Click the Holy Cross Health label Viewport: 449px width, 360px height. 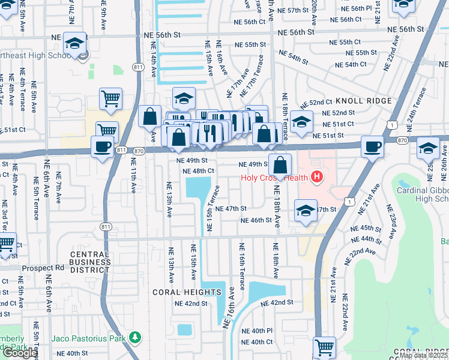pyautogui.click(x=273, y=178)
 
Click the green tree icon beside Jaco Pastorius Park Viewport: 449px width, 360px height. pyautogui.click(x=136, y=338)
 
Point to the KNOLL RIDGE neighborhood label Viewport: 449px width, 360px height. pyautogui.click(x=363, y=101)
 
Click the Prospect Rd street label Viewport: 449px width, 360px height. pyautogui.click(x=43, y=268)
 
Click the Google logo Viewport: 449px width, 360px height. pyautogui.click(x=19, y=353)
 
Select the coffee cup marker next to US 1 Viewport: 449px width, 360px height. pyautogui.click(x=372, y=146)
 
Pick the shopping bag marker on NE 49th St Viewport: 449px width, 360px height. pyautogui.click(x=280, y=165)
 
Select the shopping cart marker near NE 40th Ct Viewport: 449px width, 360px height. pyautogui.click(x=324, y=347)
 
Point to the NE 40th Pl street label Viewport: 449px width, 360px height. pyautogui.click(x=257, y=331)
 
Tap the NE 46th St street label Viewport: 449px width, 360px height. pyautogui.click(x=256, y=220)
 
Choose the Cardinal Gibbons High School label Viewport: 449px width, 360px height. pyautogui.click(x=423, y=194)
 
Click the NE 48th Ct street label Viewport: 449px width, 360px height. pyautogui.click(x=198, y=171)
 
